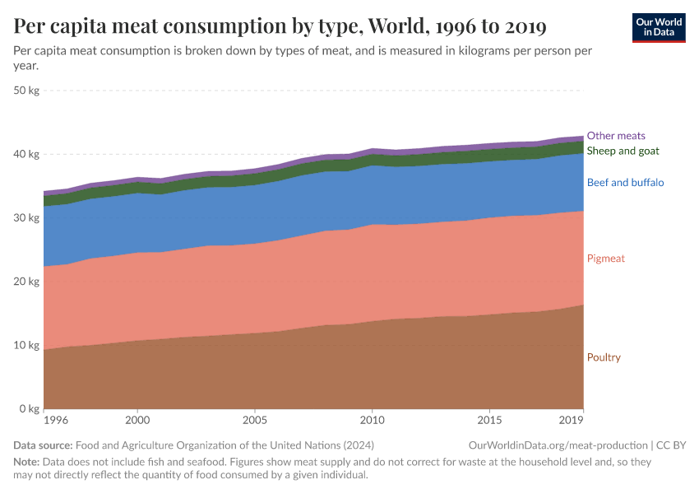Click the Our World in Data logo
pos(659,27)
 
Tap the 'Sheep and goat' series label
pos(623,151)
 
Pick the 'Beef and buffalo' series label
pos(625,182)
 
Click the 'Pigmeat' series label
pos(605,259)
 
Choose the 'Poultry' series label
pos(604,357)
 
